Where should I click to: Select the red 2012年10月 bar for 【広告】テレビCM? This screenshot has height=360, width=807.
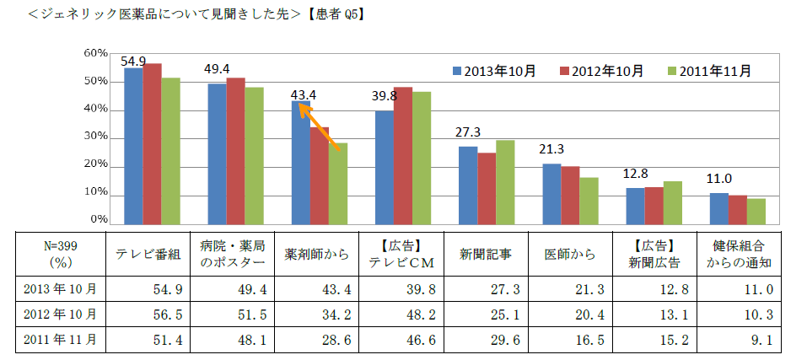pos(402,155)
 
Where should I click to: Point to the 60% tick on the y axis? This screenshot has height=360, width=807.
pos(94,53)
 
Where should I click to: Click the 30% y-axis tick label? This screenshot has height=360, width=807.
pos(94,137)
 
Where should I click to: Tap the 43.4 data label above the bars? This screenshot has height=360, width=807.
pos(303,94)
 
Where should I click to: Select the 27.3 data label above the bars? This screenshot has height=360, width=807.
pos(468,133)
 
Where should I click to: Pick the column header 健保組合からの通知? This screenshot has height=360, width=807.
pos(739,253)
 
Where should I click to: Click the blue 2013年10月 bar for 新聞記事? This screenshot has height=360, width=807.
pos(468,185)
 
